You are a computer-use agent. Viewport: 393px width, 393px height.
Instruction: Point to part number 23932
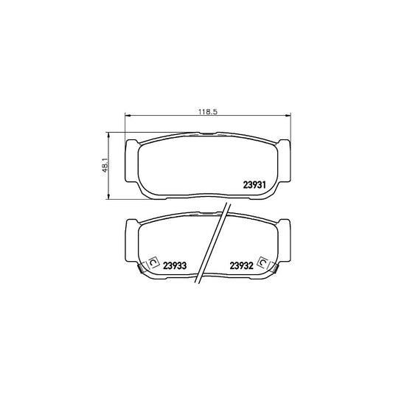[x=241, y=265]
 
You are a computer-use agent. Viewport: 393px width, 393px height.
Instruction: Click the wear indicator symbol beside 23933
[x=153, y=262]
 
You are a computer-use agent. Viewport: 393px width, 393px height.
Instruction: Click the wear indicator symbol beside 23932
[x=262, y=262]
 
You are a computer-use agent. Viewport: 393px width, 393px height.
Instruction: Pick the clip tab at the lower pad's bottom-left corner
[x=142, y=274]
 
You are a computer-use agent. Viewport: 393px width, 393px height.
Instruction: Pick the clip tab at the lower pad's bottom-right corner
[x=274, y=274]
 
